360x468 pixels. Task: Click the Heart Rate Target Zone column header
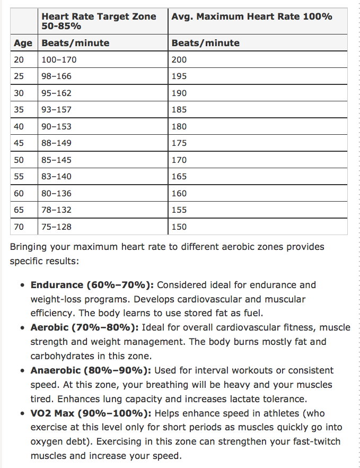99,21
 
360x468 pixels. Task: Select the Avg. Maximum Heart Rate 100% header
252,16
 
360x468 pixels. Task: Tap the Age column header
23,43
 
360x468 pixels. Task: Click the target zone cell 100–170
59,59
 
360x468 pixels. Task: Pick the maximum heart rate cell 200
179,59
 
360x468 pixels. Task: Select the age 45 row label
20,143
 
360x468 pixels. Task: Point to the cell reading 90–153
56,126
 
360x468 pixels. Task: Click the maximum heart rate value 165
179,177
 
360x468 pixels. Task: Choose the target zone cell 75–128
56,227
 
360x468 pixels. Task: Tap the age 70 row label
20,227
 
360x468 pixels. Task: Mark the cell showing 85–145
56,160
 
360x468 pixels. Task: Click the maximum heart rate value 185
179,110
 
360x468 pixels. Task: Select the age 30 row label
20,93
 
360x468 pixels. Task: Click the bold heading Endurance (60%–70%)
92,285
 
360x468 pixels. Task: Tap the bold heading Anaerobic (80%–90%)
92,370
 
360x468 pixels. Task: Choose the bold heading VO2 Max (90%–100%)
91,413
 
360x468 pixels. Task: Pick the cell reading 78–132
56,210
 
